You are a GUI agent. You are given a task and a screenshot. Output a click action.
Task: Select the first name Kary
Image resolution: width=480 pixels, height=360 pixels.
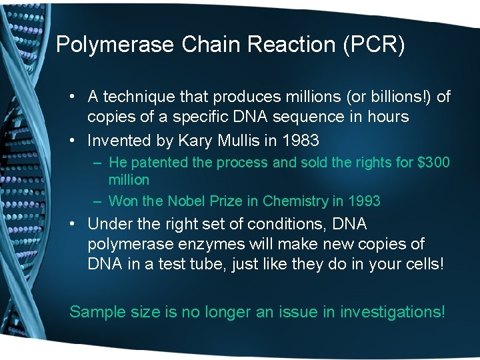click(x=194, y=141)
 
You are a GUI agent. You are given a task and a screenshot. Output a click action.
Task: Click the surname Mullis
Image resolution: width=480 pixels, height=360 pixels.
click(x=237, y=141)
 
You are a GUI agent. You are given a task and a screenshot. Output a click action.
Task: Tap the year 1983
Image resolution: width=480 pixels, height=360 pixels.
click(x=301, y=141)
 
